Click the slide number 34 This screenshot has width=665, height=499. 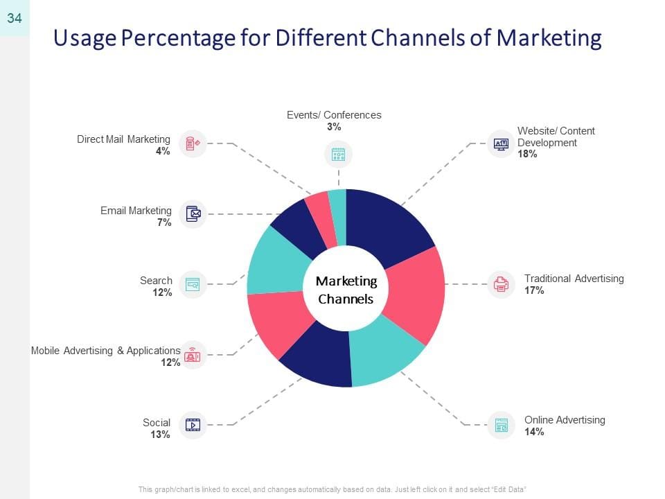tap(15, 18)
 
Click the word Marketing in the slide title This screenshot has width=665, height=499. tap(549, 38)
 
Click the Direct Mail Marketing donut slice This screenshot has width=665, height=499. tap(320, 220)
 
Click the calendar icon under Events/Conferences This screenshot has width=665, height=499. tap(339, 154)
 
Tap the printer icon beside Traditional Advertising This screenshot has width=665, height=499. tap(501, 284)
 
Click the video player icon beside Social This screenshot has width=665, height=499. tap(193, 425)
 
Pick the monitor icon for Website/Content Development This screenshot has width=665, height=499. tap(501, 144)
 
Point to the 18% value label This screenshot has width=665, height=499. tap(527, 154)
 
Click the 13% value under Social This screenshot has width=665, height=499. tap(160, 435)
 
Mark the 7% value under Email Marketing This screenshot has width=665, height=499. tap(165, 222)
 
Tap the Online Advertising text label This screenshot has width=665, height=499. tap(565, 420)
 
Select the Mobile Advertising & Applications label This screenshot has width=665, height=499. tap(105, 351)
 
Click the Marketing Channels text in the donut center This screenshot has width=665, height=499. tap(346, 290)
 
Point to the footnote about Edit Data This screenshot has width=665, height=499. tap(332, 489)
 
